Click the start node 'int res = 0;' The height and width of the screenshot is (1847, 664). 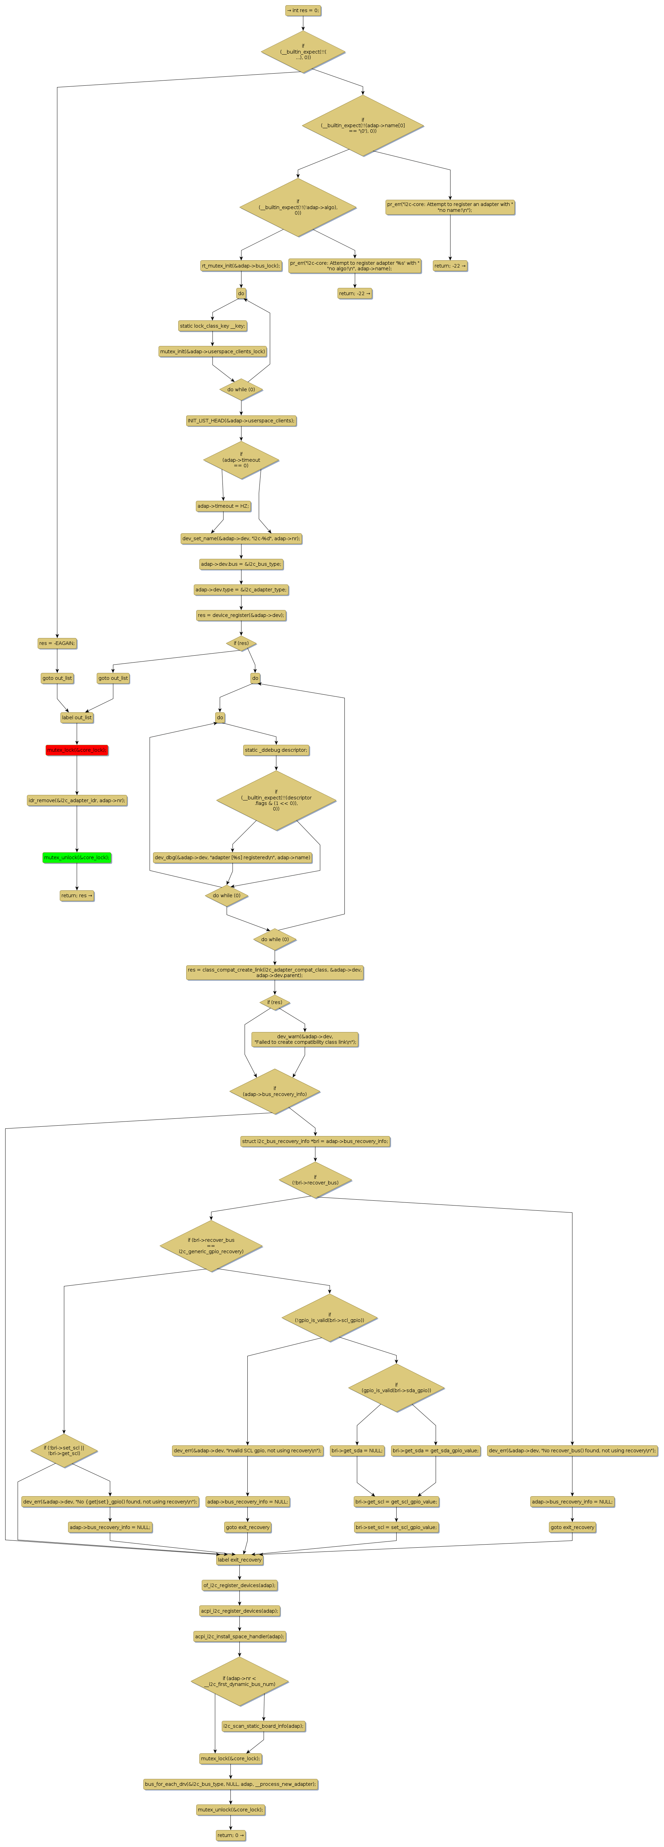pyautogui.click(x=303, y=11)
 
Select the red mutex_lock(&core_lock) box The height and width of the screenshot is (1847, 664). pyautogui.click(x=77, y=750)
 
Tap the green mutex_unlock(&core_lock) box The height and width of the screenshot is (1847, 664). pyautogui.click(x=77, y=857)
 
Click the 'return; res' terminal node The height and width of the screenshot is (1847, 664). pyautogui.click(x=77, y=896)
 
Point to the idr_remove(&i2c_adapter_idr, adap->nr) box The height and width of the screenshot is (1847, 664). pyautogui.click(x=77, y=800)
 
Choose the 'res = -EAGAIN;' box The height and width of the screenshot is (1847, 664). pyautogui.click(x=57, y=643)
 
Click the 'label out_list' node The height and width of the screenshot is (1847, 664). pyautogui.click(x=77, y=718)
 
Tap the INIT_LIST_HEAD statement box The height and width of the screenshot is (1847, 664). pyautogui.click(x=241, y=421)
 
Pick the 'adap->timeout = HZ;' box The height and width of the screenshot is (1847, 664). pyautogui.click(x=223, y=506)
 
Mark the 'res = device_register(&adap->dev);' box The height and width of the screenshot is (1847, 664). pyautogui.click(x=241, y=615)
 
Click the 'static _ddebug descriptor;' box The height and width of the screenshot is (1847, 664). pyautogui.click(x=276, y=750)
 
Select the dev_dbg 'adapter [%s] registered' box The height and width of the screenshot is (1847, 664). pyautogui.click(x=232, y=857)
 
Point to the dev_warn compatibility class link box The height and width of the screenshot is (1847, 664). pyautogui.click(x=305, y=1040)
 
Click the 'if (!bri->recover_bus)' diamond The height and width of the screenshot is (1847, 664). pyautogui.click(x=315, y=1180)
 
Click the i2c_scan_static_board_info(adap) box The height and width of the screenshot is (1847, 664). pyautogui.click(x=264, y=1726)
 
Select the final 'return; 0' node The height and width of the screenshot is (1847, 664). pyautogui.click(x=230, y=1836)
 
